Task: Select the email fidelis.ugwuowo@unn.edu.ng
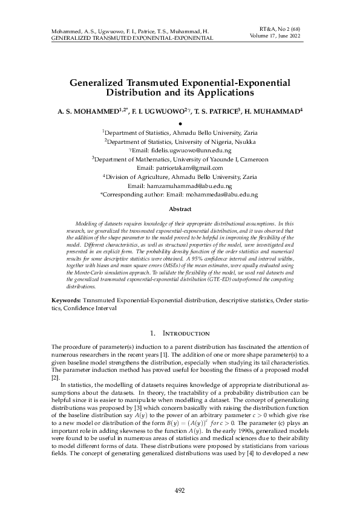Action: tap(188, 150)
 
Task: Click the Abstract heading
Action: tap(180, 209)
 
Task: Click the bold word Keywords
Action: tap(64, 300)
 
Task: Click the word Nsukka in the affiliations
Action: tap(243, 141)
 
